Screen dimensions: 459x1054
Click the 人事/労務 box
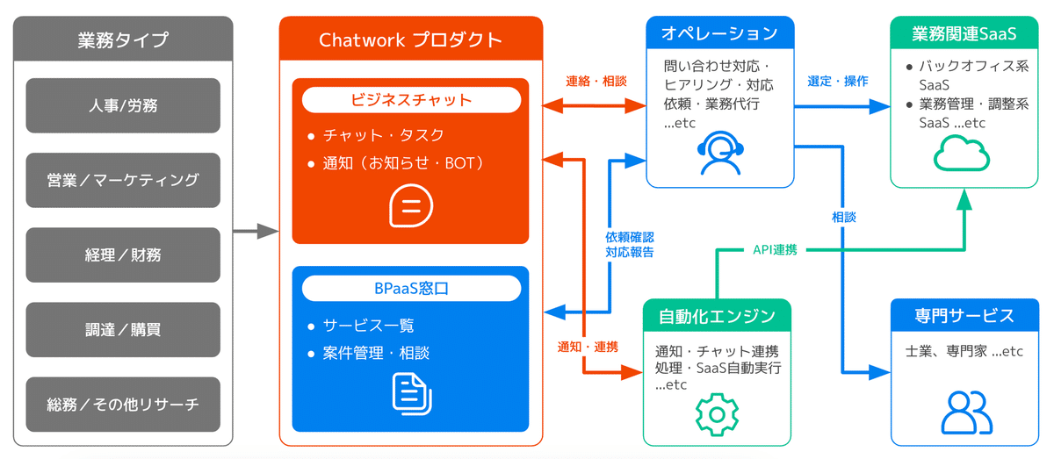[x=123, y=105]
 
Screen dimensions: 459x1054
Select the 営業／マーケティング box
[x=123, y=180]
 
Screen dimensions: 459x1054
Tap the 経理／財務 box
[x=123, y=255]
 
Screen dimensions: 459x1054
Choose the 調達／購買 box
[x=123, y=330]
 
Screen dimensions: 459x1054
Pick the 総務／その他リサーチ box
[x=123, y=405]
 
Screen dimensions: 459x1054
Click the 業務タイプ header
[x=123, y=39]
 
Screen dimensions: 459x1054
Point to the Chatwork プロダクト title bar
[x=410, y=39]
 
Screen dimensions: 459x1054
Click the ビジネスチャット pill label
[x=410, y=99]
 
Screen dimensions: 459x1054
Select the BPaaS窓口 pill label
[x=410, y=288]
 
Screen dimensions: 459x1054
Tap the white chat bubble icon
[x=410, y=206]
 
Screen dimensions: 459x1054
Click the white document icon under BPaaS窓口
[x=411, y=392]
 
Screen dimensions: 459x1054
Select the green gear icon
[x=717, y=412]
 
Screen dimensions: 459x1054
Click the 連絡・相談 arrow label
[x=596, y=81]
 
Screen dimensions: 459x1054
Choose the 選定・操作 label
[x=837, y=81]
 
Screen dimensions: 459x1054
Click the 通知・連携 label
[x=587, y=347]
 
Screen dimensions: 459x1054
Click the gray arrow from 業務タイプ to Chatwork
[x=255, y=233]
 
